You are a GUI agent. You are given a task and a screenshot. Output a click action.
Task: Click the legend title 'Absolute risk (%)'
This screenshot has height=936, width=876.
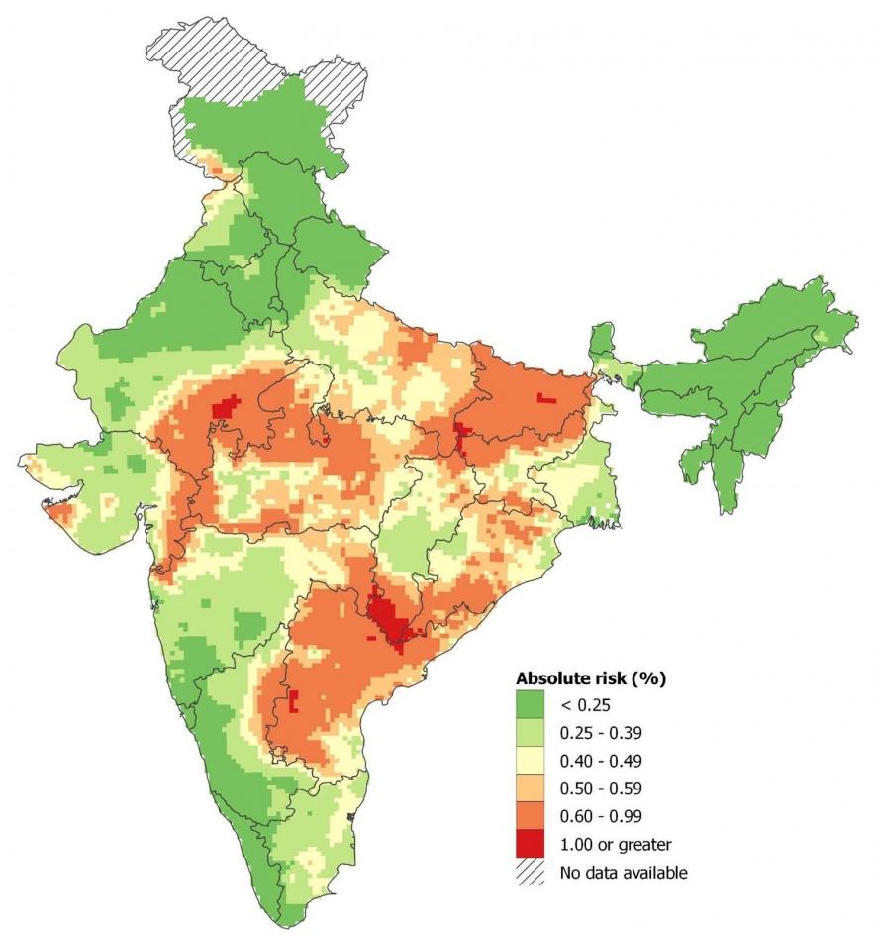pos(590,679)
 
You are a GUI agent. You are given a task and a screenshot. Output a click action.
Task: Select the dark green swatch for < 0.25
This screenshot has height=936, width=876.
pos(530,705)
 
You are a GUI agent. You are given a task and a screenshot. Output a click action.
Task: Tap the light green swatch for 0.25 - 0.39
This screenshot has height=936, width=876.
pos(530,733)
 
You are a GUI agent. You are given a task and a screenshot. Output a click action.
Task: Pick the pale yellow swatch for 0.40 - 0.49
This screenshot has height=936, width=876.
pos(530,761)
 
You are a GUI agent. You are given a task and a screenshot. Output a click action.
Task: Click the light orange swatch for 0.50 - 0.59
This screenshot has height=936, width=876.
pos(530,788)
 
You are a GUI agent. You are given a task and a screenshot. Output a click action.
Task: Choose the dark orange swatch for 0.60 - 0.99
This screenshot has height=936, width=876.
pos(530,816)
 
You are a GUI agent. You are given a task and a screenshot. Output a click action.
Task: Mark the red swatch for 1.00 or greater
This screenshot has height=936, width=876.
pos(530,844)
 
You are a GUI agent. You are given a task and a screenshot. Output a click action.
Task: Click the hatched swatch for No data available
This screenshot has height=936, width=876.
pos(530,872)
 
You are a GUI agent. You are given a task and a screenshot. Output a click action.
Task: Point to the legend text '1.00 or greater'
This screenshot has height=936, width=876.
pos(616,844)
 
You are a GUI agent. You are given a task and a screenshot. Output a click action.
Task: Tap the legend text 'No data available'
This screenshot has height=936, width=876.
pos(623,872)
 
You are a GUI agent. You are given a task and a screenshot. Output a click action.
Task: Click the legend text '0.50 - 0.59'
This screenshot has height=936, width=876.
pos(600,788)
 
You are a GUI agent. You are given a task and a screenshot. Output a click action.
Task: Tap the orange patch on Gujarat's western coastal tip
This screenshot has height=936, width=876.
pos(54,509)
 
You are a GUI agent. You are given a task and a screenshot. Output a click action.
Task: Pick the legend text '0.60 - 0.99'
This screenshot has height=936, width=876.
pos(600,816)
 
